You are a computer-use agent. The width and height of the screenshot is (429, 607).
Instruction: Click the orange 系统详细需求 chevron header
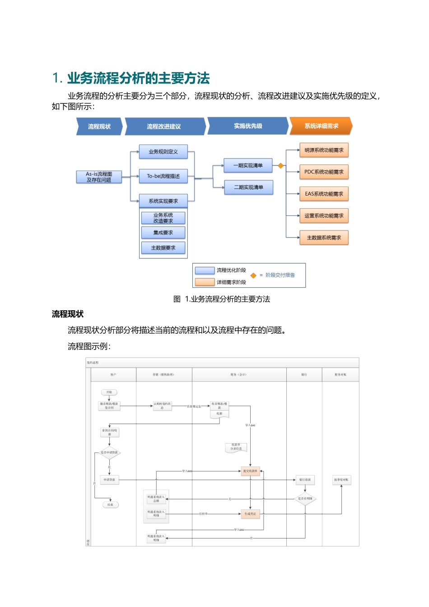pyautogui.click(x=321, y=126)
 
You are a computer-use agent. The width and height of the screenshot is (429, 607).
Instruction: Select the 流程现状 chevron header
pyautogui.click(x=99, y=126)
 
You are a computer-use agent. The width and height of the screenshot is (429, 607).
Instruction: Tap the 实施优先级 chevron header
pyautogui.click(x=247, y=126)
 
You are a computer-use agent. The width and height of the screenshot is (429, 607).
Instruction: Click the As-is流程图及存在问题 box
pyautogui.click(x=99, y=177)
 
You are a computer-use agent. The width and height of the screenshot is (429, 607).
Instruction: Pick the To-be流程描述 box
pyautogui.click(x=163, y=176)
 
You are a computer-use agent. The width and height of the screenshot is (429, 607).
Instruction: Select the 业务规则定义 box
pyautogui.click(x=163, y=152)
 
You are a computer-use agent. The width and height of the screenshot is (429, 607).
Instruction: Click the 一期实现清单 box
pyautogui.click(x=248, y=166)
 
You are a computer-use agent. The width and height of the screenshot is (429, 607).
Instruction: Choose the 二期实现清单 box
pyautogui.click(x=248, y=187)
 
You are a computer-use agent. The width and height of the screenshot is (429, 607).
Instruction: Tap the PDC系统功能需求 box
pyautogui.click(x=324, y=172)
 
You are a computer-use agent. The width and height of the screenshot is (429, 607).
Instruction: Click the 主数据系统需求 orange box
pyautogui.click(x=324, y=238)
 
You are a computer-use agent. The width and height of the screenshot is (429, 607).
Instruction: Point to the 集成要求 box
pyautogui.click(x=163, y=233)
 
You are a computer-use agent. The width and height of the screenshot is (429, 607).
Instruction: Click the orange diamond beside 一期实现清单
pyautogui.click(x=280, y=166)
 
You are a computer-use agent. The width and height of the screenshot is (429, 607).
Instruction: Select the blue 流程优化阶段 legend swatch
pyautogui.click(x=205, y=271)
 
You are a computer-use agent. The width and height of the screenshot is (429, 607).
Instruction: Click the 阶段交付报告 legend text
pyautogui.click(x=280, y=275)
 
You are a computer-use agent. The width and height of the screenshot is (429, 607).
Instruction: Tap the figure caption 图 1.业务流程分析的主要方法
pyautogui.click(x=222, y=299)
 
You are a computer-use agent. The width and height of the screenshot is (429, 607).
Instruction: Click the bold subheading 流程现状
pyautogui.click(x=68, y=314)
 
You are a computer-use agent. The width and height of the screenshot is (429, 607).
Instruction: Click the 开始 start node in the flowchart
pyautogui.click(x=109, y=392)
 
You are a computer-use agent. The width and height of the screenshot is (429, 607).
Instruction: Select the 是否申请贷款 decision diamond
pyautogui.click(x=109, y=453)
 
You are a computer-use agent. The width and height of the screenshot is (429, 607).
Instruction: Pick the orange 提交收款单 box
pyautogui.click(x=250, y=471)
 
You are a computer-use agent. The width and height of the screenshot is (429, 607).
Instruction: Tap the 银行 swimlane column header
pyautogui.click(x=304, y=374)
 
